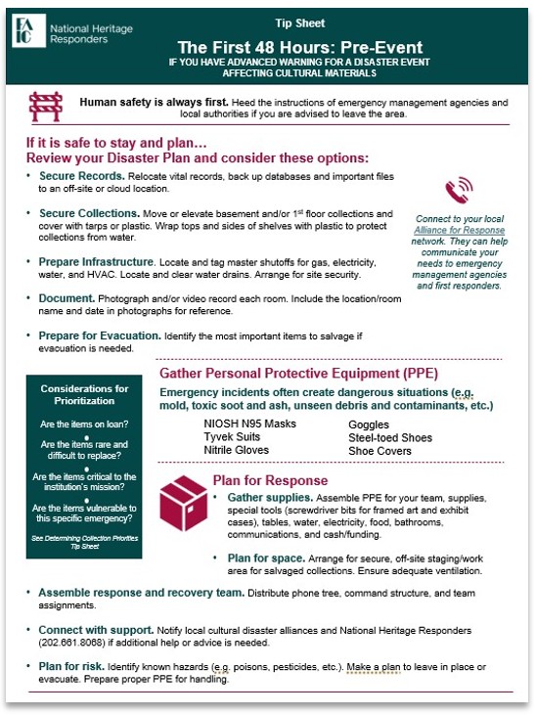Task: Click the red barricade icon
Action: [x=45, y=105]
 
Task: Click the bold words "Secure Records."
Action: [x=80, y=175]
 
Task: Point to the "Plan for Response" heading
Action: [x=270, y=480]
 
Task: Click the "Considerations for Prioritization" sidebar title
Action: [x=85, y=395]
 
